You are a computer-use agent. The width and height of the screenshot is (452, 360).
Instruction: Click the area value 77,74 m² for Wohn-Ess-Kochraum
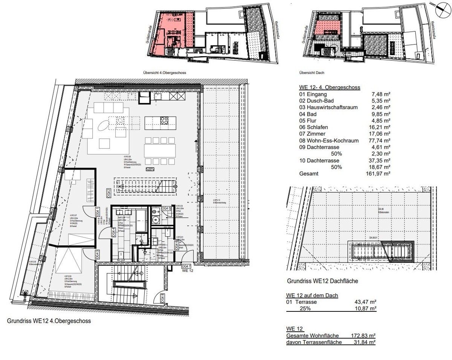click(x=380, y=140)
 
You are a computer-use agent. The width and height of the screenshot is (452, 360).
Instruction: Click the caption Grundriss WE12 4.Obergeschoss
click(x=49, y=322)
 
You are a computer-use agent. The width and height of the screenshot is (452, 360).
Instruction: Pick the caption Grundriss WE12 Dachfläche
click(x=322, y=281)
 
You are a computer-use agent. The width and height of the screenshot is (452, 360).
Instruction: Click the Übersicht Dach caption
click(x=312, y=73)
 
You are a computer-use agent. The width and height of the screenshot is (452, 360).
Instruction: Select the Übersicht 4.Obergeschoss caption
click(x=165, y=73)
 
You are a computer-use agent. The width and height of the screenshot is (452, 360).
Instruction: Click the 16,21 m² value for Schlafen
click(x=380, y=127)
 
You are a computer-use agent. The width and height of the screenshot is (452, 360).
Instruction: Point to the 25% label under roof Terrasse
click(x=305, y=308)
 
